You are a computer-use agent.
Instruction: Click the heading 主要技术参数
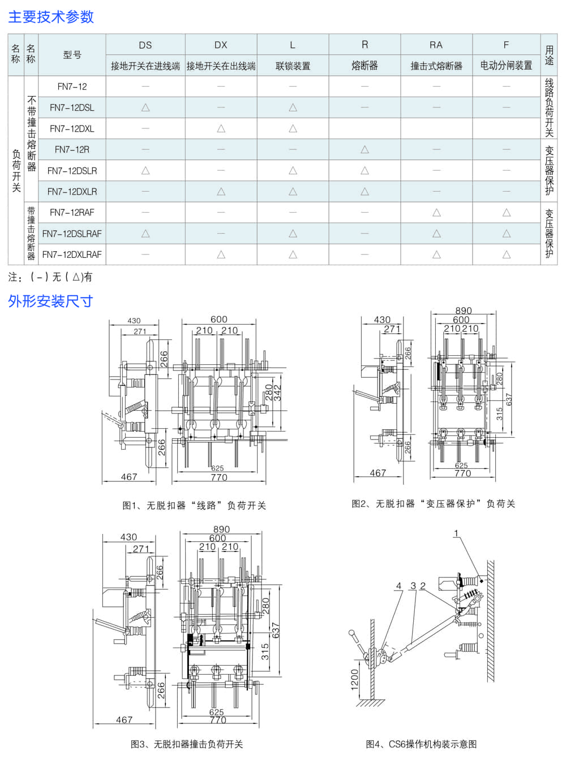pyautogui.click(x=51, y=17)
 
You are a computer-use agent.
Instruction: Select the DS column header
pyautogui.click(x=145, y=45)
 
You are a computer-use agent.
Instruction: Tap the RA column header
pyautogui.click(x=436, y=45)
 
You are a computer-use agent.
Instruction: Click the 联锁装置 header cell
pyautogui.click(x=293, y=66)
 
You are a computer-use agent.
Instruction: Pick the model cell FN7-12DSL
pyautogui.click(x=72, y=107)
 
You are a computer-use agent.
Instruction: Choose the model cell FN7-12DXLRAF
pyautogui.click(x=72, y=255)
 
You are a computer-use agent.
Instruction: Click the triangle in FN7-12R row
pyautogui.click(x=365, y=149)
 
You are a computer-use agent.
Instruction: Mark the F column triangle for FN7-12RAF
pyautogui.click(x=506, y=213)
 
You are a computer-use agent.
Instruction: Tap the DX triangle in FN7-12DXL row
pyautogui.click(x=221, y=128)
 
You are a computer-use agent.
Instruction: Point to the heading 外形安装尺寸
pyautogui.click(x=50, y=301)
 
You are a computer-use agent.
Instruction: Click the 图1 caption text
pyautogui.click(x=194, y=505)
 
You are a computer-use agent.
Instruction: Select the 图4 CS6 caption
pyautogui.click(x=421, y=744)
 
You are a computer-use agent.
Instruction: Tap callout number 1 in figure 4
pyautogui.click(x=456, y=533)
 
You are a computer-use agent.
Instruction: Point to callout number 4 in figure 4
pyautogui.click(x=399, y=586)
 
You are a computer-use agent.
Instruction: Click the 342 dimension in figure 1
pyautogui.click(x=277, y=393)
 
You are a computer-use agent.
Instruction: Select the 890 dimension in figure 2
pyautogui.click(x=463, y=311)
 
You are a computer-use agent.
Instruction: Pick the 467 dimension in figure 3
pyautogui.click(x=124, y=719)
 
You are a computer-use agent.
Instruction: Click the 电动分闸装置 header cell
pyautogui.click(x=506, y=66)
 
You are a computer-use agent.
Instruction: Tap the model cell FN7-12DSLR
pyautogui.click(x=72, y=170)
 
